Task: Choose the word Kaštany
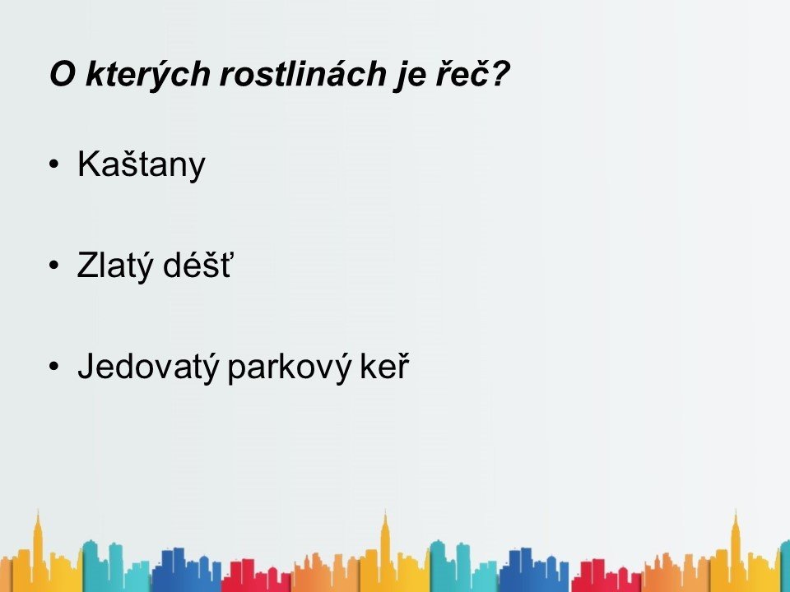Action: (142, 165)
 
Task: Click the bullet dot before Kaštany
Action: (54, 164)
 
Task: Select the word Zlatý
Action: (114, 266)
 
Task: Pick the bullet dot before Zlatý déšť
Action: (54, 266)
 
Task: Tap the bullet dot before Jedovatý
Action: (54, 366)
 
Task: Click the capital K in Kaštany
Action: (89, 164)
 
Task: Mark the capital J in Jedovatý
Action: (86, 365)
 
